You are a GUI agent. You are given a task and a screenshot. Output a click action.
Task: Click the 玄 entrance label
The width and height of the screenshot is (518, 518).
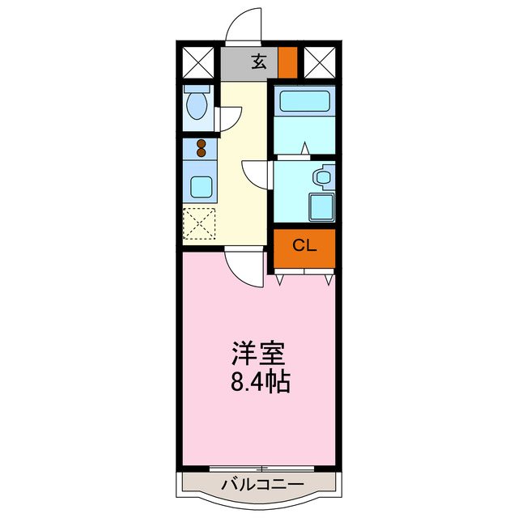tap(258, 62)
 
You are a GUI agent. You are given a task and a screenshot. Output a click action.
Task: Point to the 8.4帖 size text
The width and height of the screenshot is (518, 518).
tap(261, 382)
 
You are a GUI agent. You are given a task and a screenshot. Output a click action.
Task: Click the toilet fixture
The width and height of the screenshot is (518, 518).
tap(196, 104)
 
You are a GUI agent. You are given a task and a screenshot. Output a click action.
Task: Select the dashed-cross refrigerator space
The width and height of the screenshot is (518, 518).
tap(199, 223)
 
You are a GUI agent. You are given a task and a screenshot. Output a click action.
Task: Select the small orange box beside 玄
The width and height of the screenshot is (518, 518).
tap(288, 62)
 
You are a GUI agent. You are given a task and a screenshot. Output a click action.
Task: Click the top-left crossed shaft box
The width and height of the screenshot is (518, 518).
tap(197, 62)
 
